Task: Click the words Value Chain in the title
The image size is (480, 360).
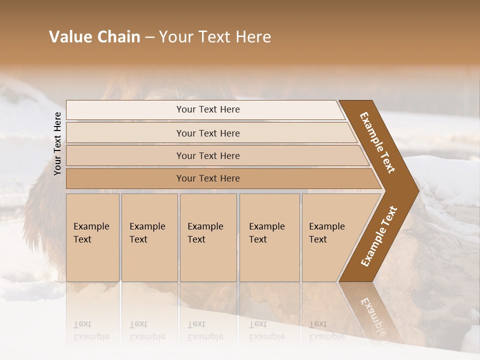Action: tap(94, 37)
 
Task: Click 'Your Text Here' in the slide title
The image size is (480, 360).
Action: tap(215, 37)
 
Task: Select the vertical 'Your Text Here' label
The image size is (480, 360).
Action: tap(57, 143)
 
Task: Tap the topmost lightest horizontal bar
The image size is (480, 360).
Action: tap(207, 109)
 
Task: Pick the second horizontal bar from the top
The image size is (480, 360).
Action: tap(207, 133)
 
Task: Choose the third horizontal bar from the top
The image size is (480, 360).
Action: tap(207, 155)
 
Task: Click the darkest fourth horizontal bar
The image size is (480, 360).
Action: tap(207, 178)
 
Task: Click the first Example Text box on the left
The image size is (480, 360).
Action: tap(92, 237)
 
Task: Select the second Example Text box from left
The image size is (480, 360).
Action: tap(149, 237)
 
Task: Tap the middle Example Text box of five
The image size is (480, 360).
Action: tap(208, 237)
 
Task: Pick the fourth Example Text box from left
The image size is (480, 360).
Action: tap(269, 237)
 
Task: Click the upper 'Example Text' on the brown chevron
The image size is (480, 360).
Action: tap(377, 142)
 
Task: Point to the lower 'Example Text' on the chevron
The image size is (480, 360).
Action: tap(378, 236)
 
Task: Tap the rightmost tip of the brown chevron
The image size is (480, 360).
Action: tap(417, 190)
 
